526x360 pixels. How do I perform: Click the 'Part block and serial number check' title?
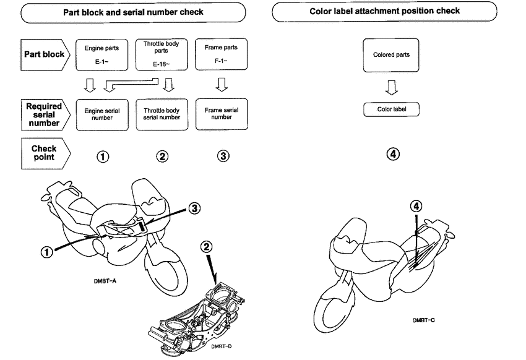133,12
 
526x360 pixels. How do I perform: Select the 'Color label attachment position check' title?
384,11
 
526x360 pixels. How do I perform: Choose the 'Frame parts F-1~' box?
217,53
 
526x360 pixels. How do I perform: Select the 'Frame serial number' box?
217,114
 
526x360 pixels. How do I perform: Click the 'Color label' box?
391,109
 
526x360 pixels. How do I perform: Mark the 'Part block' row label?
45,54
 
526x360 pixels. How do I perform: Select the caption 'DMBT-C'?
425,320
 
